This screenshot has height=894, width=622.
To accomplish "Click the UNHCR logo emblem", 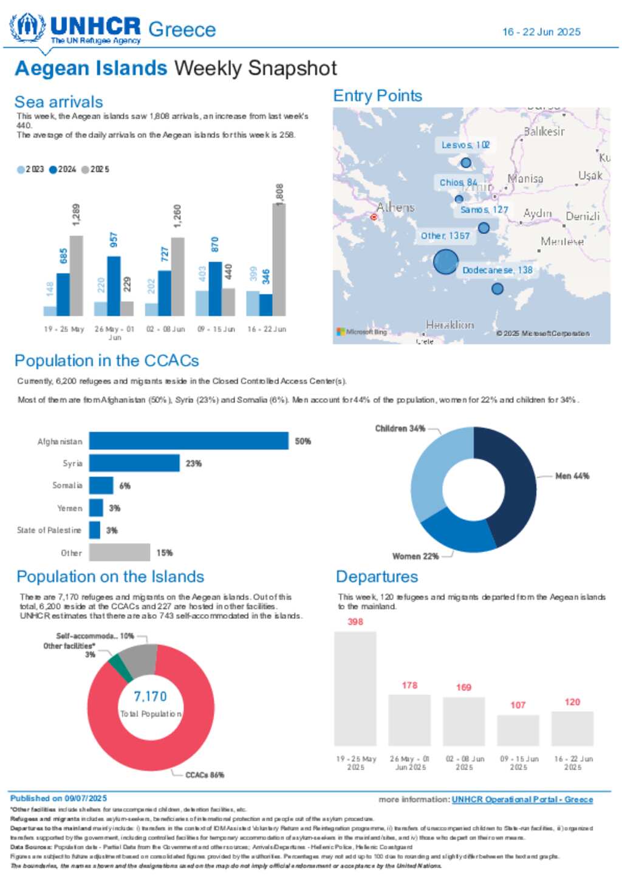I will (x=27, y=28).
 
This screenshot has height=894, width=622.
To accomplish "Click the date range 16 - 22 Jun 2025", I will (x=541, y=32).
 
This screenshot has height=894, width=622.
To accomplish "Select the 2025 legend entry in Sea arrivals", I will (x=95, y=169).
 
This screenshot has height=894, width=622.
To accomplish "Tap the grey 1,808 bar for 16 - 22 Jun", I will (x=278, y=259).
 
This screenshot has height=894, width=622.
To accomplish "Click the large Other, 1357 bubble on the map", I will (x=445, y=262).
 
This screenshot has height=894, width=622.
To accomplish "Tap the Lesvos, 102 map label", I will (x=465, y=145).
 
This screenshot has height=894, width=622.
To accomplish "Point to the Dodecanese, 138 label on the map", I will (x=497, y=270).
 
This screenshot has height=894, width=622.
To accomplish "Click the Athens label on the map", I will (x=395, y=208).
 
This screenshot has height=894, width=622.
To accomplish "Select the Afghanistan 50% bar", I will (x=188, y=441).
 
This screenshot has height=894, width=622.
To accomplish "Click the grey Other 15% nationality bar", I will (x=119, y=553).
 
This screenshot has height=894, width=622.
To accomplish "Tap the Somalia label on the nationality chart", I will (x=67, y=485).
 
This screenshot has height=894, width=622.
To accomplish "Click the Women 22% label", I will (x=415, y=556).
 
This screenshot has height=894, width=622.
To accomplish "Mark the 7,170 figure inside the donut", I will (x=150, y=696).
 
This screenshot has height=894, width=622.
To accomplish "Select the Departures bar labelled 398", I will (x=355, y=688).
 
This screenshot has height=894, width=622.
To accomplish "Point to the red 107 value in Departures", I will (x=518, y=705).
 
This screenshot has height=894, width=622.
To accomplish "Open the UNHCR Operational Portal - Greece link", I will (x=522, y=799).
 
